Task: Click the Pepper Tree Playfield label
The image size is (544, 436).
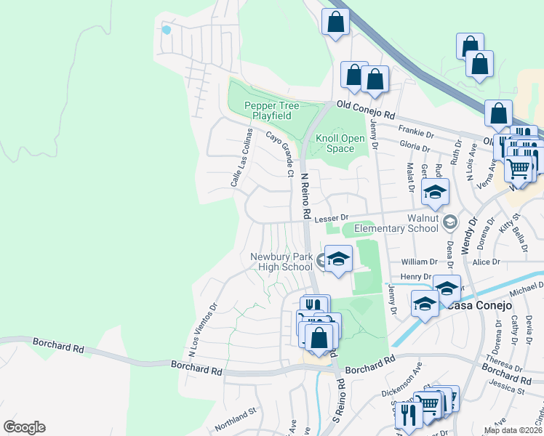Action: pos(268,110)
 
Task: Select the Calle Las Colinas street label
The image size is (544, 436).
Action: pos(242,158)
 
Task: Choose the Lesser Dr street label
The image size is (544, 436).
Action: pos(332,217)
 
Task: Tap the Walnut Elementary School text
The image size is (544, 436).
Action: pos(396,223)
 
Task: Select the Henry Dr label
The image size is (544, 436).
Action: pos(416,276)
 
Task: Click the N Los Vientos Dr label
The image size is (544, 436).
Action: pos(203,329)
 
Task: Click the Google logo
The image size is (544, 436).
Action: pos(25,427)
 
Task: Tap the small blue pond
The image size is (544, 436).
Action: pos(167,30)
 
